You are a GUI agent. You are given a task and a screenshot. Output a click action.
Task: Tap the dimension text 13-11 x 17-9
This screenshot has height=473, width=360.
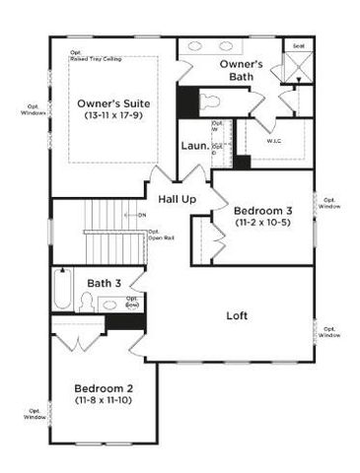(x=114, y=116)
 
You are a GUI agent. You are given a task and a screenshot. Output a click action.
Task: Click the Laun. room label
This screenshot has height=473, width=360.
(x=193, y=147)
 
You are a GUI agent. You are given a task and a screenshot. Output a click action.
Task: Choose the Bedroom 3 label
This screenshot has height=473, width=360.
(x=262, y=211)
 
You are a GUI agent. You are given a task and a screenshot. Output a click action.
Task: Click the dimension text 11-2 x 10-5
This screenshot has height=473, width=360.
(x=262, y=224)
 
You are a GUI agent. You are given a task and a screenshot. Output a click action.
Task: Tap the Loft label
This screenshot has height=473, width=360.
(x=236, y=316)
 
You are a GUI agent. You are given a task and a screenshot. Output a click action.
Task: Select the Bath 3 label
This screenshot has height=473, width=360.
(x=104, y=284)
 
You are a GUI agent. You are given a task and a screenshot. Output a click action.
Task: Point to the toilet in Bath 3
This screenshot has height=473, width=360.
(x=86, y=304)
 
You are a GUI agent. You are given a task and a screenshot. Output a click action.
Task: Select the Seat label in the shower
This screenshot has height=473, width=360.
(x=298, y=46)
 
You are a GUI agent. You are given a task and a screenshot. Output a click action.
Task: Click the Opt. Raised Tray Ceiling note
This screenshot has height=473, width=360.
(x=94, y=56)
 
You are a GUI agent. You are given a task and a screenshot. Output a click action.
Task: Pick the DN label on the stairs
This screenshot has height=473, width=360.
(x=142, y=214)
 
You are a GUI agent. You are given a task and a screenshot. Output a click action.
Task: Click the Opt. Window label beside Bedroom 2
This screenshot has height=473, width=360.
(x=36, y=414)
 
